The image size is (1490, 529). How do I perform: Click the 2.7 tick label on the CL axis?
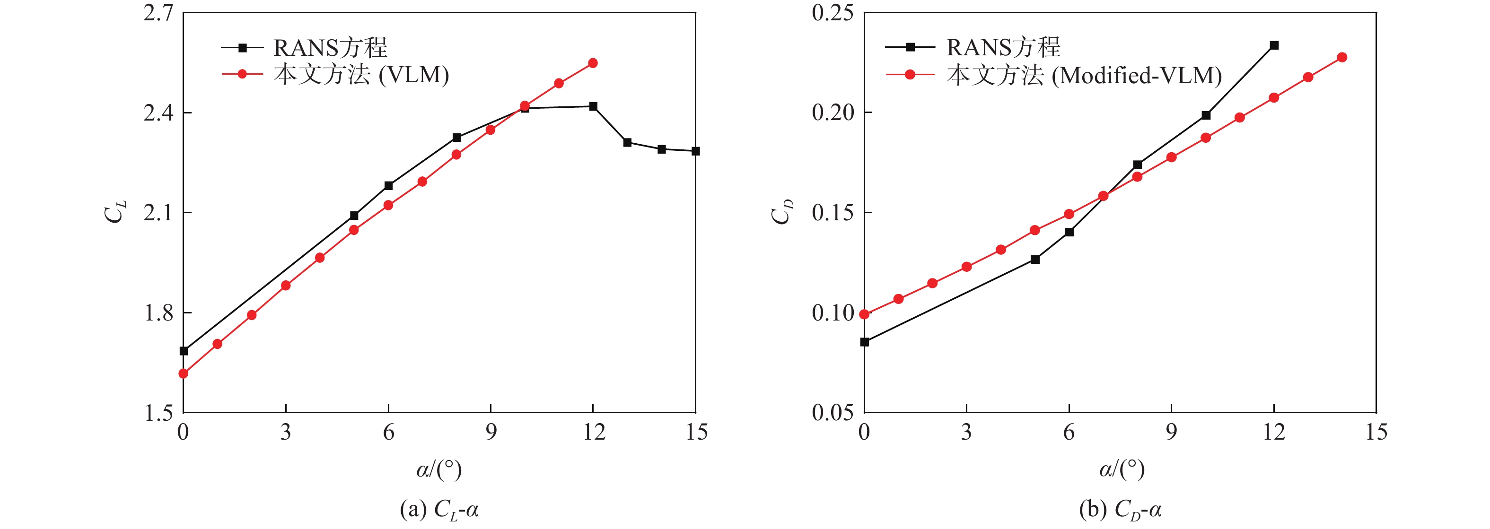coord(158,13)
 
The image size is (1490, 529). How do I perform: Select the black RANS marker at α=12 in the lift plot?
coord(593,106)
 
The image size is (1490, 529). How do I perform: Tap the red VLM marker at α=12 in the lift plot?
coord(593,63)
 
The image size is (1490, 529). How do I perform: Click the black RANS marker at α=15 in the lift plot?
coord(696,151)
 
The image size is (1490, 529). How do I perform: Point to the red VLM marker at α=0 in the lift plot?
coord(184,373)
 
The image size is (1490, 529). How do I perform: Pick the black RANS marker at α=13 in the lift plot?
coord(628,142)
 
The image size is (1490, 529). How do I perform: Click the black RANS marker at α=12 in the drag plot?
coord(1274,45)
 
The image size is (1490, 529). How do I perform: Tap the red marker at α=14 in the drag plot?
coord(1342,57)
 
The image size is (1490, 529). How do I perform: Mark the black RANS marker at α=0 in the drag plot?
coord(865,342)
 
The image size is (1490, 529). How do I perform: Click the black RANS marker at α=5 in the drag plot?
coord(1035,260)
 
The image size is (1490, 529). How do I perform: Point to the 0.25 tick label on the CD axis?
coord(833,13)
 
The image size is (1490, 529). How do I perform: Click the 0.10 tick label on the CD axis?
coord(833,313)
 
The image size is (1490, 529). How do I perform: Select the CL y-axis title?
coord(115,212)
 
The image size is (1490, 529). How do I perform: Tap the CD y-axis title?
coord(782,212)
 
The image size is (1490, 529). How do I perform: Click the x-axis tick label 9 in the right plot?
coord(1171,433)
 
